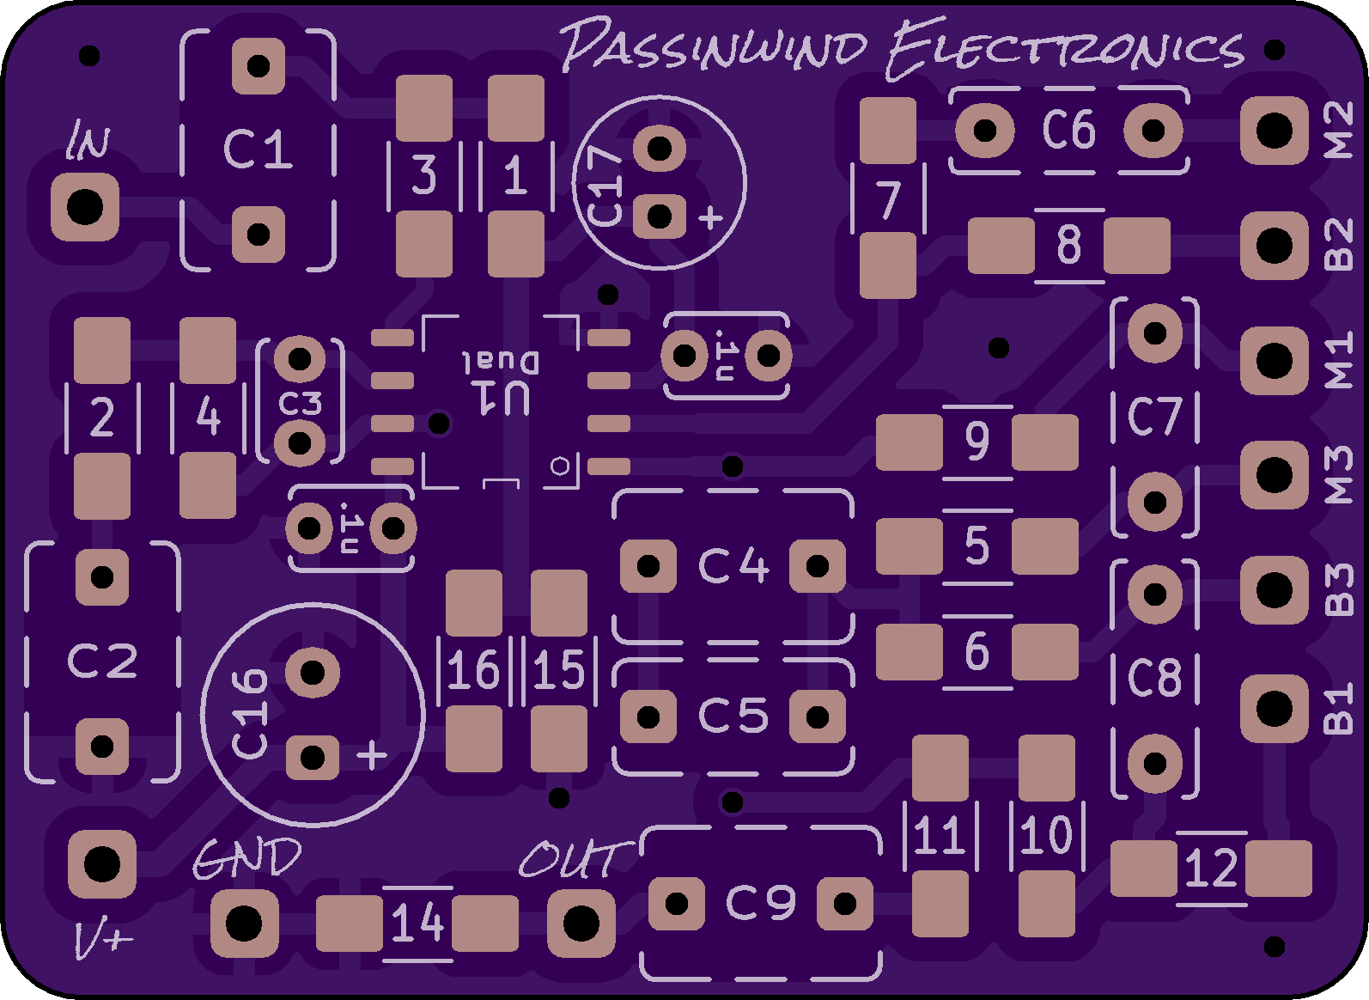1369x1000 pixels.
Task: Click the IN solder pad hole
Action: pos(84,208)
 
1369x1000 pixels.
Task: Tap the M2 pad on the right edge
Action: pos(1274,131)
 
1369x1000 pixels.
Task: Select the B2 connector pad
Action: pos(1274,247)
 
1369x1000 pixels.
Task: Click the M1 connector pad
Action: pos(1274,361)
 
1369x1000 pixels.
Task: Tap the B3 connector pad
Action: pos(1274,591)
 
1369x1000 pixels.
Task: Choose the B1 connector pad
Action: pos(1274,709)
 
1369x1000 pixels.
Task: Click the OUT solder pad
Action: pos(581,924)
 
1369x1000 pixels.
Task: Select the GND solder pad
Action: pos(244,924)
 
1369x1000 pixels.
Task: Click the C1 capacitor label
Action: pos(257,149)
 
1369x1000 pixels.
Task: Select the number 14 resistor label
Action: pos(417,924)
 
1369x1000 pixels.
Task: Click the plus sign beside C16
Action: pos(372,756)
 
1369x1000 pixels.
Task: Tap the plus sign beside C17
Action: pos(710,218)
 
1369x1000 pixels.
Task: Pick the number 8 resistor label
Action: pos(1068,246)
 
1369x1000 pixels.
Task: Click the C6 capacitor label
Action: pos(1069,131)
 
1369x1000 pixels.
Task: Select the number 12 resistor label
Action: pos(1210,869)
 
